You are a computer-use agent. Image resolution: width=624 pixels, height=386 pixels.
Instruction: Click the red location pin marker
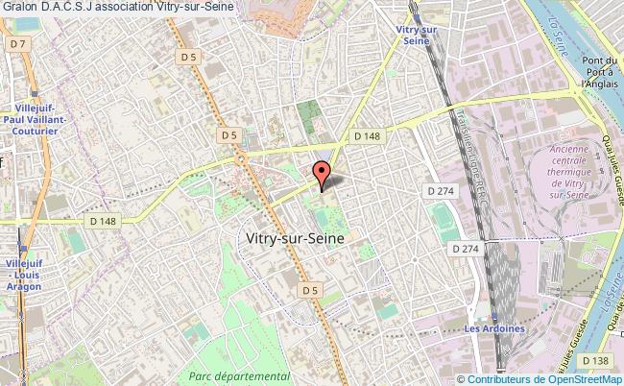pyautogui.click(x=322, y=173)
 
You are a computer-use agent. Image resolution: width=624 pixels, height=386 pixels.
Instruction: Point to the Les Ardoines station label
pyautogui.click(x=495, y=328)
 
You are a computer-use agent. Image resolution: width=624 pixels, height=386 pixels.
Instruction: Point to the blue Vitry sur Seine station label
pyautogui.click(x=415, y=35)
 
